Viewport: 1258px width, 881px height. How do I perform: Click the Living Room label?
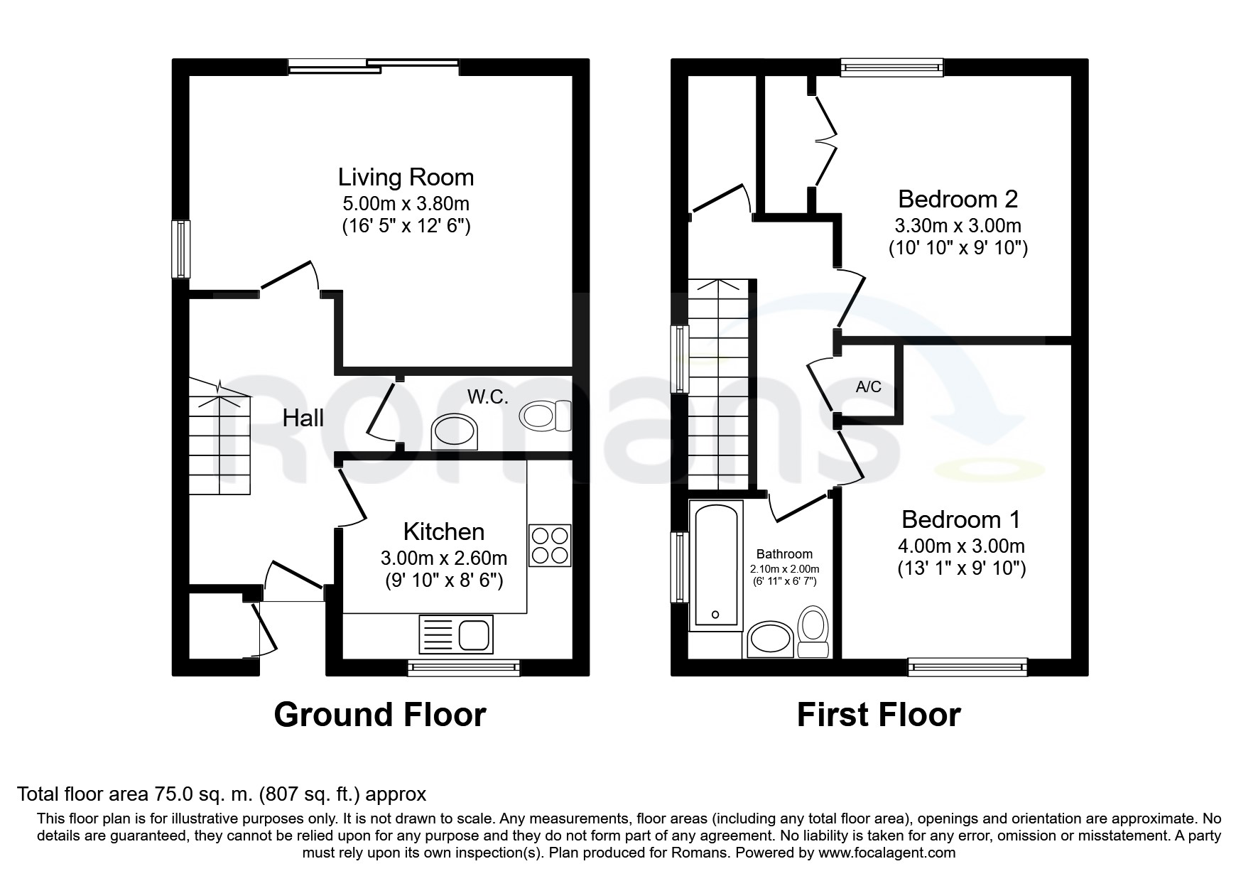pyautogui.click(x=406, y=177)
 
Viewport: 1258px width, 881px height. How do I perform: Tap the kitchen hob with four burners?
pyautogui.click(x=550, y=546)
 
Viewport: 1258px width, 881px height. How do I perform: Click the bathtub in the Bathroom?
pyautogui.click(x=716, y=566)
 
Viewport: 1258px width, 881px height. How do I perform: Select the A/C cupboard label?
pyautogui.click(x=869, y=387)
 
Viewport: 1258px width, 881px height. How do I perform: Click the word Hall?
pyautogui.click(x=303, y=418)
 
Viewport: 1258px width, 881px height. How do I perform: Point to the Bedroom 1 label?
pyautogui.click(x=961, y=519)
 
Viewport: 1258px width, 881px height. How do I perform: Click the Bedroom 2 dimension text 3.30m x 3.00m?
pyautogui.click(x=958, y=226)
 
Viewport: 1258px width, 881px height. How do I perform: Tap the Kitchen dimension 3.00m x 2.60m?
pyautogui.click(x=444, y=558)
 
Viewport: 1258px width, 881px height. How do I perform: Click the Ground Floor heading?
pyautogui.click(x=380, y=715)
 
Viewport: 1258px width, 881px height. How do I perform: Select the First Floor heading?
pyautogui.click(x=879, y=715)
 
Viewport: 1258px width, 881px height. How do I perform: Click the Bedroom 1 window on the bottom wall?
pyautogui.click(x=967, y=666)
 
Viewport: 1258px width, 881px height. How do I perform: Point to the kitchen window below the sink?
pyautogui.click(x=464, y=667)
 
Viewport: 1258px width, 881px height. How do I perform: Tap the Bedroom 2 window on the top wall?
pyautogui.click(x=891, y=67)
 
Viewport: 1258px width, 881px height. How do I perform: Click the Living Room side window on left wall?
pyautogui.click(x=181, y=249)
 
